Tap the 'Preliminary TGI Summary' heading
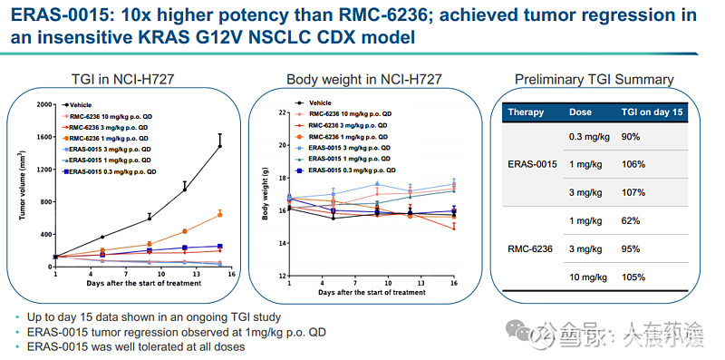594,80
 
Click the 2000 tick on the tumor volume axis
45,104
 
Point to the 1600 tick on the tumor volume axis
45,137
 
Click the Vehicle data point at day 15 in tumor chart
219,145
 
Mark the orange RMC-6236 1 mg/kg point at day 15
219,214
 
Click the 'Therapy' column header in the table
526,112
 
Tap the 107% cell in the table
633,192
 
